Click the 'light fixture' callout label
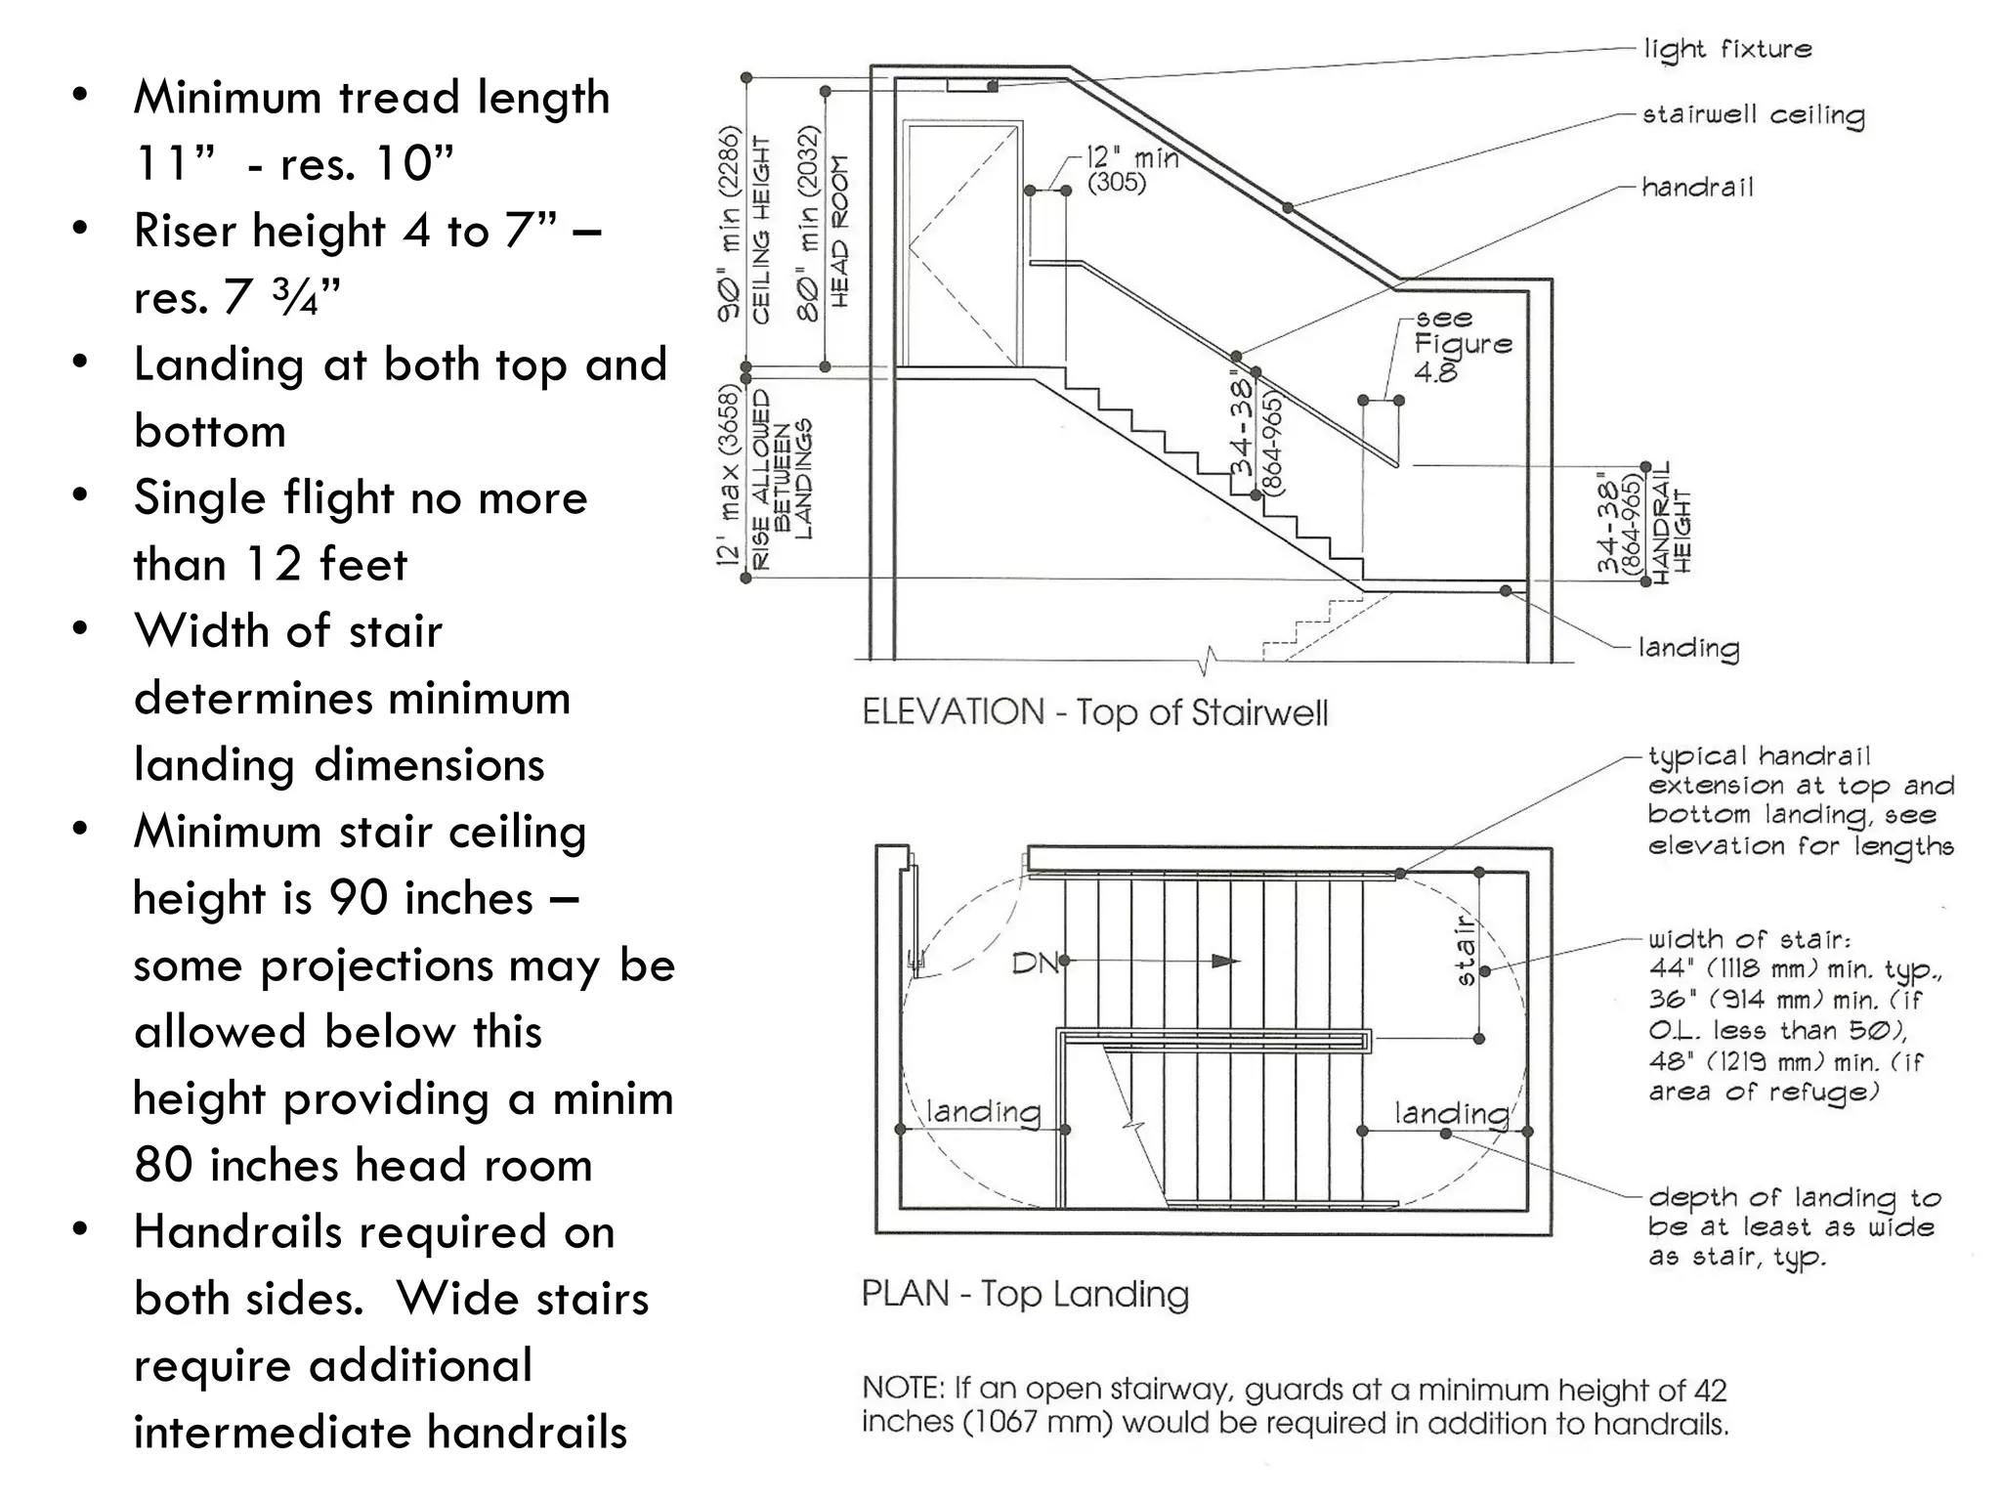1726,49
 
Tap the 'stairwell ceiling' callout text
1753,115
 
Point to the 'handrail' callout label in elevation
1697,188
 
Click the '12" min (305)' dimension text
1131,169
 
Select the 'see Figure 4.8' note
1461,345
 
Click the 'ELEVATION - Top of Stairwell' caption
1094,711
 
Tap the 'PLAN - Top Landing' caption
1025,1294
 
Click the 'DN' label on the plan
1035,964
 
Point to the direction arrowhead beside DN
1224,962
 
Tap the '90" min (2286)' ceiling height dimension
729,224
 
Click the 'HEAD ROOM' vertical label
839,232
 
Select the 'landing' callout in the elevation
1688,648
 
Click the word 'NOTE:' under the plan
903,1389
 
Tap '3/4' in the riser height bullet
298,297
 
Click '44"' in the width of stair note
1669,969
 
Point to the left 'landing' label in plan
983,1111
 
